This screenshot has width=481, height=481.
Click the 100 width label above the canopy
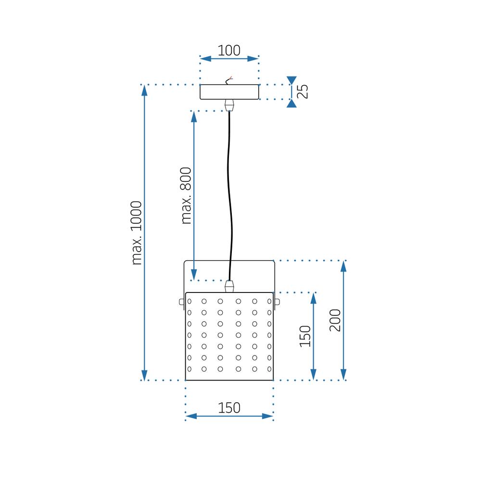click(229, 50)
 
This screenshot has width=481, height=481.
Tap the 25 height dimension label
click(303, 91)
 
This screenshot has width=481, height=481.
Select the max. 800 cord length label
click(187, 196)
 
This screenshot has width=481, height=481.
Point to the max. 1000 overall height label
click(137, 233)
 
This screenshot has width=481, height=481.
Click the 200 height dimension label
click(335, 320)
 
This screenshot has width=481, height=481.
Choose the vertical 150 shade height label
click(305, 336)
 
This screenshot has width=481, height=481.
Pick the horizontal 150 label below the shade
click(229, 407)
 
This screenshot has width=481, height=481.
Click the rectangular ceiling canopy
click(229, 92)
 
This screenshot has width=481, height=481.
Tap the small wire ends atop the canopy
click(230, 80)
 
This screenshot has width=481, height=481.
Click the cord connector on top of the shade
click(229, 287)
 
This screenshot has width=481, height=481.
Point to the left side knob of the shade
click(182, 302)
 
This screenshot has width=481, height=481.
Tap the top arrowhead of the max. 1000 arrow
click(144, 89)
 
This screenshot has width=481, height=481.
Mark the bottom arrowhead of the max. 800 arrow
click(193, 275)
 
